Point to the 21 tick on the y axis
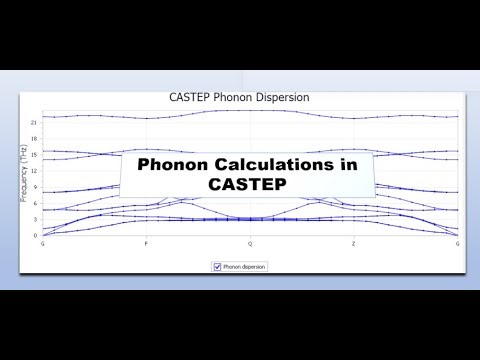coord(34,121)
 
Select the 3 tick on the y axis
coord(35,218)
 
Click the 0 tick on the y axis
coord(35,235)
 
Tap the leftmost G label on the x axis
coord(42,244)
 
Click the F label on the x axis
coord(146,244)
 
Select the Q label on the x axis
coord(250,244)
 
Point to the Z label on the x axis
coord(353,244)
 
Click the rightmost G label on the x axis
coord(458,244)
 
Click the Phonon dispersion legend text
coord(245,267)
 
